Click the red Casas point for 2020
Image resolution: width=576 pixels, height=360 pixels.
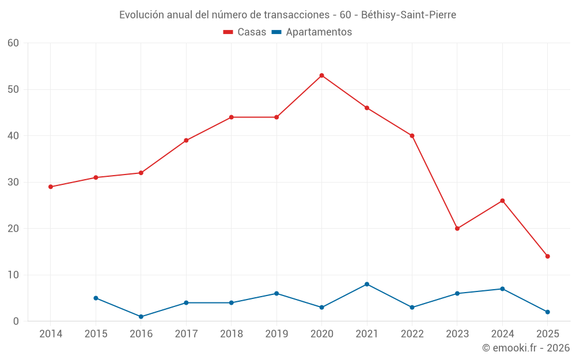(x=321, y=75)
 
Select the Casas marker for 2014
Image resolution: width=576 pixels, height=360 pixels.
(x=51, y=187)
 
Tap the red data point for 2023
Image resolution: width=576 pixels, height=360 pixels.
(x=457, y=229)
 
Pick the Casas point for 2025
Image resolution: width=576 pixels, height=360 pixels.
(x=547, y=256)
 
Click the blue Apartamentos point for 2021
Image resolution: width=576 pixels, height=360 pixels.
(x=367, y=284)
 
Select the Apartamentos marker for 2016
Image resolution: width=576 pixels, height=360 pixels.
(x=141, y=317)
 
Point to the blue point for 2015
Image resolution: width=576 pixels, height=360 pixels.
(x=96, y=298)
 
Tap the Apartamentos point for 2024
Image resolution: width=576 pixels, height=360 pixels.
(x=502, y=289)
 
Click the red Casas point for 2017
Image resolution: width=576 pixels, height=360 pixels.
(x=186, y=141)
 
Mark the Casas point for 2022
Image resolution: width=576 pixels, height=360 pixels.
(x=412, y=136)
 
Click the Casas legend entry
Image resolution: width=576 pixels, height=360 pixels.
(x=245, y=32)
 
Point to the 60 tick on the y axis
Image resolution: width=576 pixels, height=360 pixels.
(x=14, y=43)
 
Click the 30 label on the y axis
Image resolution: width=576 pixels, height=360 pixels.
(x=14, y=182)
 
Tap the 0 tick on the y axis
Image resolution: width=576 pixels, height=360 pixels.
(x=16, y=321)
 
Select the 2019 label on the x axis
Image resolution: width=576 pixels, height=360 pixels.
(x=276, y=334)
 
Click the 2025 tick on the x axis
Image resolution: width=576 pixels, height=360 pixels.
(x=547, y=334)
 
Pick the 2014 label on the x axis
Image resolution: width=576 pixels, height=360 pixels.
(x=51, y=334)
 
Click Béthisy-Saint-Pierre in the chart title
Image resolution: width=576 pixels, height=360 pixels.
(x=408, y=15)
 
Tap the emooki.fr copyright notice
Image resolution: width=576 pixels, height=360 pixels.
(x=525, y=348)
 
